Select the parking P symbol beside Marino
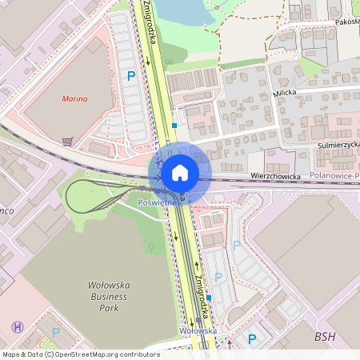[x=131, y=76]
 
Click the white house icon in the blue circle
[x=180, y=171]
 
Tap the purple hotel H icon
[x=18, y=326]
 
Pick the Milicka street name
[x=284, y=94]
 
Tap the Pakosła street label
[x=346, y=23]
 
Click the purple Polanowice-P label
[x=334, y=174]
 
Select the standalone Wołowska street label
[x=198, y=330]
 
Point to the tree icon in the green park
[x=151, y=247]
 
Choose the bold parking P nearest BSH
[x=252, y=339]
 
